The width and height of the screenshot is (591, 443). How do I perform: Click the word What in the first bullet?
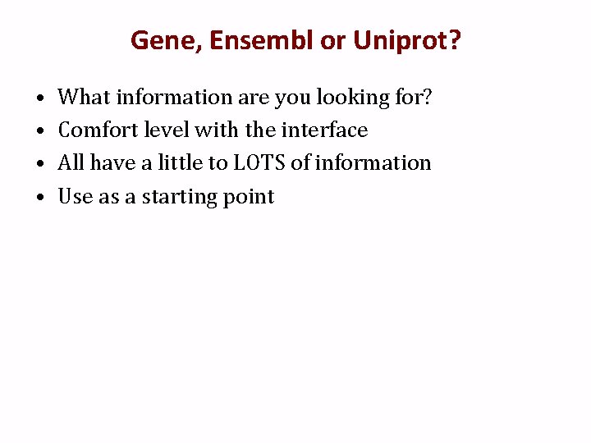(85, 98)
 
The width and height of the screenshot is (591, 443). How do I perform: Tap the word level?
(167, 130)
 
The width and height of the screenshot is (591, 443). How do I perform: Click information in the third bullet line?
(373, 163)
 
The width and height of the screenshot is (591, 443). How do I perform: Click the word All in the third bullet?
(71, 163)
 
